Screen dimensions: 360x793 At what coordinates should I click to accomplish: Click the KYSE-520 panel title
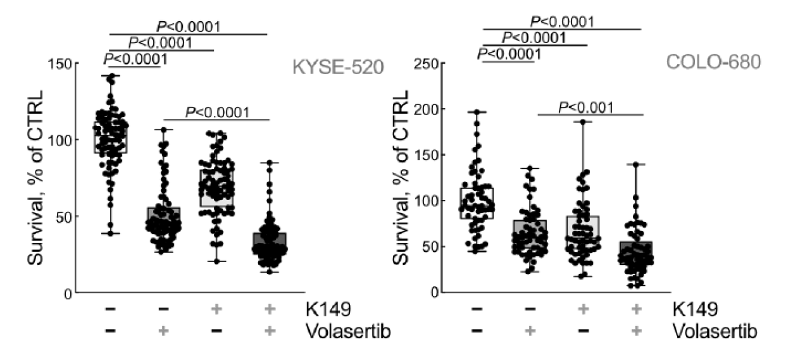point(338,67)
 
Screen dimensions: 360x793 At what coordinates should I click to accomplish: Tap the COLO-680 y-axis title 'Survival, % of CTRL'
point(401,178)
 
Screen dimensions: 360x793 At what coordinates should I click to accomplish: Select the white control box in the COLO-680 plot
point(477,203)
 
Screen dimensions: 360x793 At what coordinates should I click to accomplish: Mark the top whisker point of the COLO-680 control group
point(478,112)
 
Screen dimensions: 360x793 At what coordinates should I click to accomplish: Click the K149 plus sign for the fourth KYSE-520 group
point(270,309)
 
